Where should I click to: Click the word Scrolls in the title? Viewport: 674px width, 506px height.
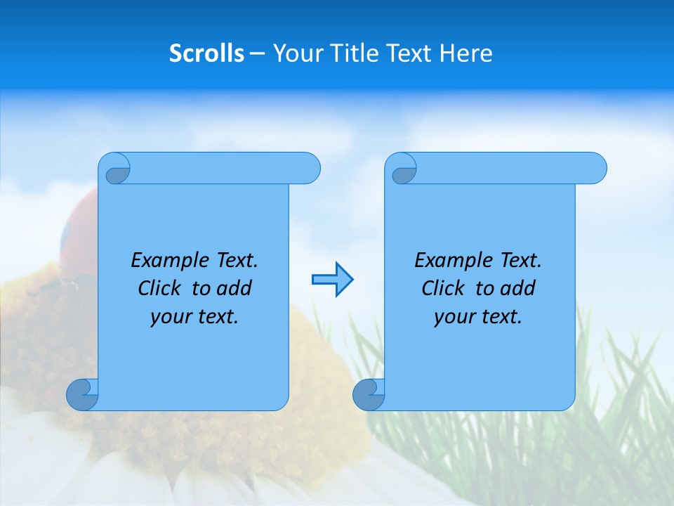tap(206, 53)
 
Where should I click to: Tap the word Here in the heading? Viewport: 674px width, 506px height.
tap(465, 53)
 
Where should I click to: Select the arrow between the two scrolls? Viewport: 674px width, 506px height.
tap(332, 280)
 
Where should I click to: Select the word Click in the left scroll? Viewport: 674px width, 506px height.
tap(161, 288)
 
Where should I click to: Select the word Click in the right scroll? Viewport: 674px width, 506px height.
tap(443, 288)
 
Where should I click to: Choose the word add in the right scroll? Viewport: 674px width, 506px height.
tap(516, 288)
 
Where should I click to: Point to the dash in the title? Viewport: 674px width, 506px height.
tap(258, 53)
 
